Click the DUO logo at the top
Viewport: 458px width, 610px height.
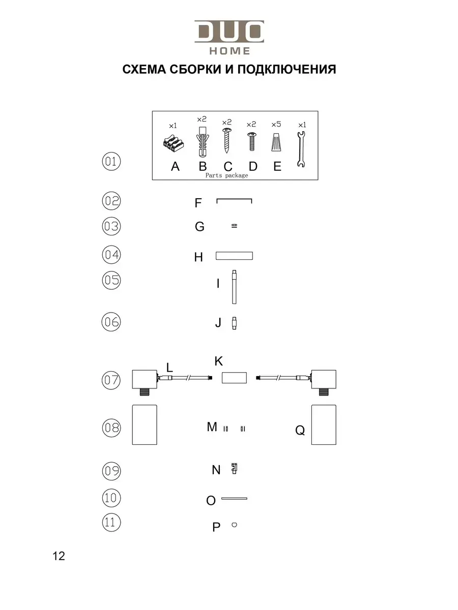point(229,32)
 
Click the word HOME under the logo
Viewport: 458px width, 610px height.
point(230,51)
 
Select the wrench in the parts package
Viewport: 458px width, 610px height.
point(301,149)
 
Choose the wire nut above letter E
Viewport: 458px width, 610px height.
point(276,142)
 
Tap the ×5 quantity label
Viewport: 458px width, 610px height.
point(276,124)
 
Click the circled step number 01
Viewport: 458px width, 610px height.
point(111,162)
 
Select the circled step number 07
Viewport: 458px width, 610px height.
point(111,380)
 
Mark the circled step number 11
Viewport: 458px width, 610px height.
point(111,523)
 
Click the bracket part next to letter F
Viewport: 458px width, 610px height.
point(234,200)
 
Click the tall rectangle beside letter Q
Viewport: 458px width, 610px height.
point(324,424)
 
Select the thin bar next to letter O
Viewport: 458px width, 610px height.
point(234,499)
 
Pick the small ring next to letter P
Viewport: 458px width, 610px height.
point(234,525)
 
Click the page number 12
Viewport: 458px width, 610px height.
point(59,556)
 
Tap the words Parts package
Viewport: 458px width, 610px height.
point(226,175)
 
